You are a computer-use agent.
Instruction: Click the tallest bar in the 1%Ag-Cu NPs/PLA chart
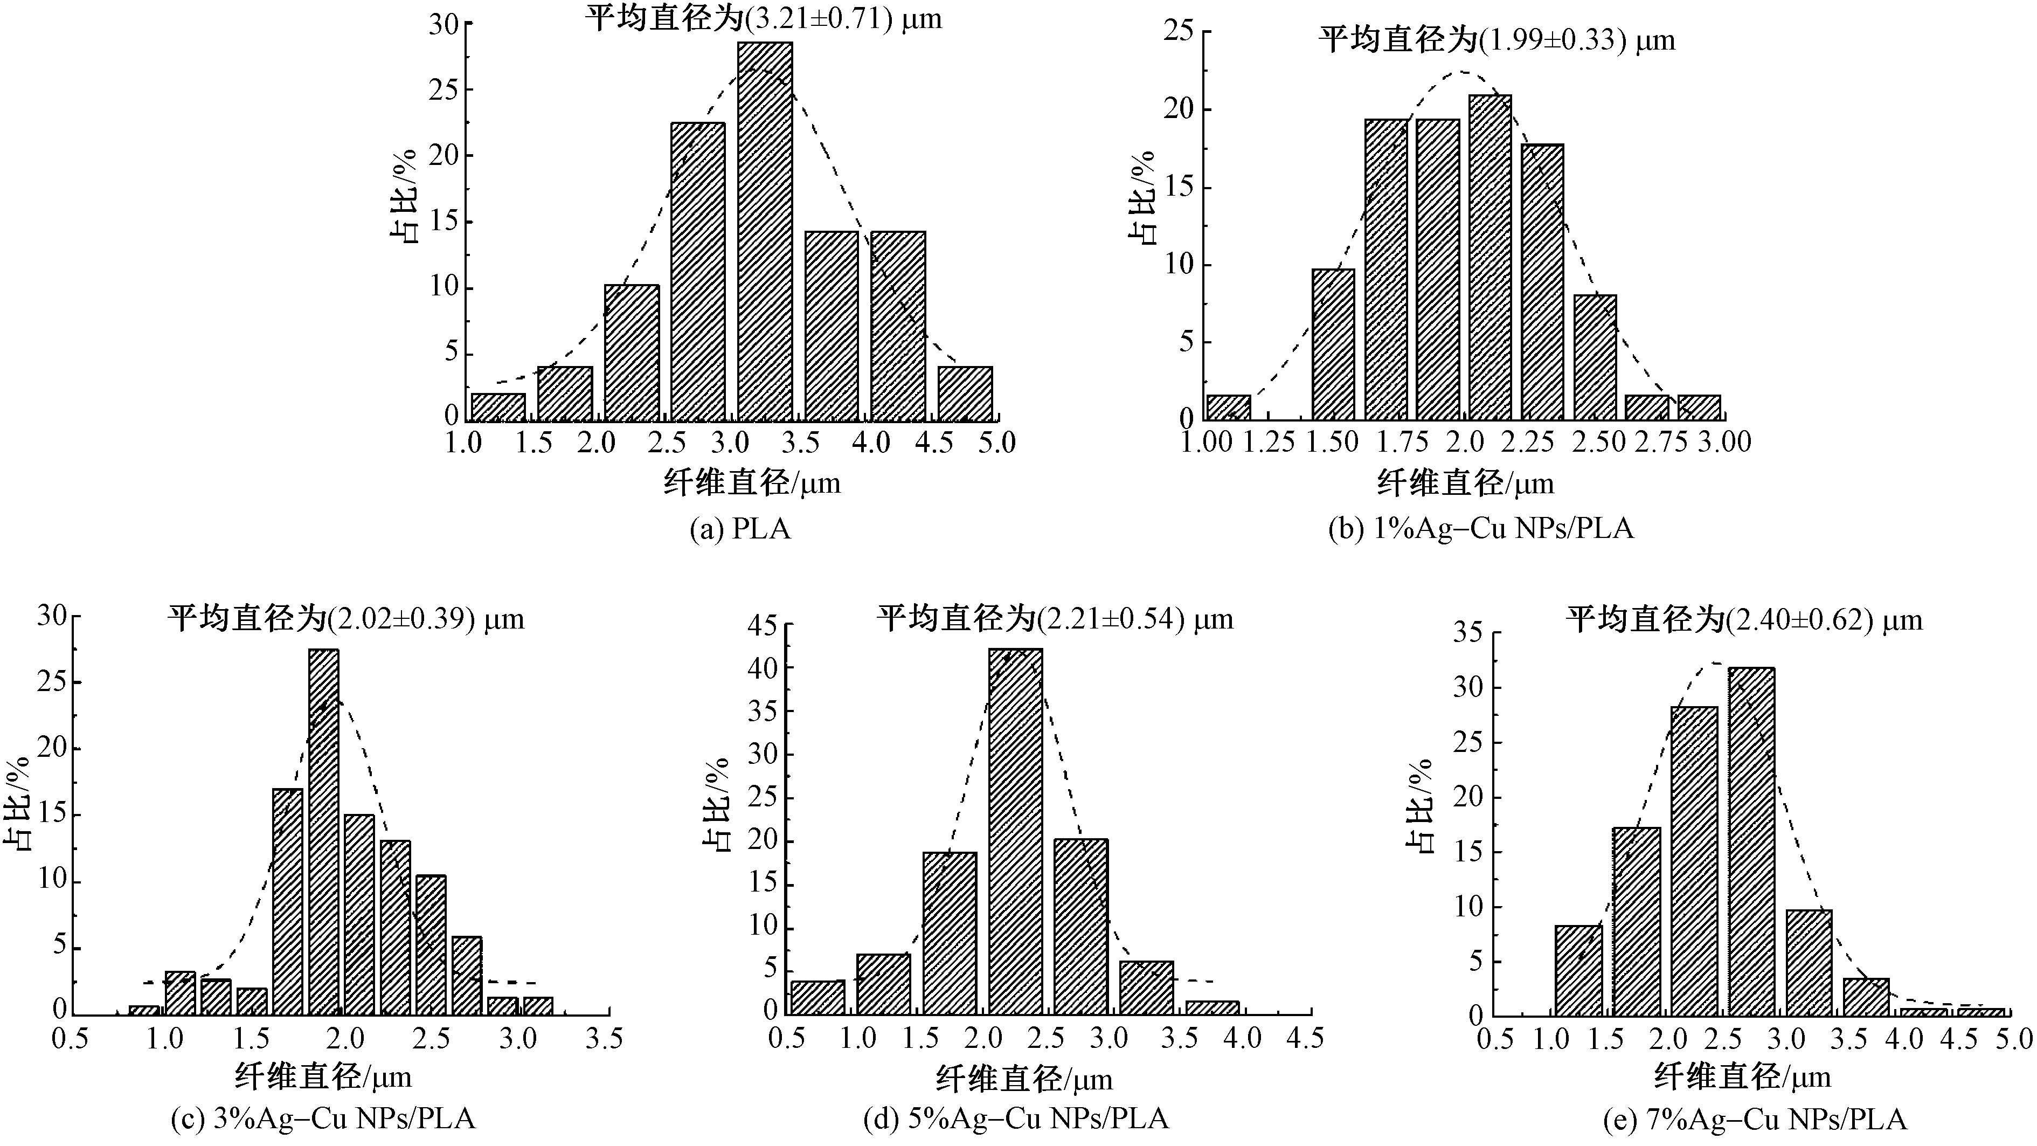1491,257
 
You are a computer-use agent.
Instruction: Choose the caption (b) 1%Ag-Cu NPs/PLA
1480,528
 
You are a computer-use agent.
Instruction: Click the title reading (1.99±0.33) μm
1496,39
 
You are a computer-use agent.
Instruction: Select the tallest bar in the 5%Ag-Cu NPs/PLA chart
1015,831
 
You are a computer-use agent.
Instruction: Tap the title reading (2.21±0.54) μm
1055,618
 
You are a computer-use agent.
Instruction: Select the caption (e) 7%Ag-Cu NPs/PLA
1755,1119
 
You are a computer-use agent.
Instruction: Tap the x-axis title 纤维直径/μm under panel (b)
1465,482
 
